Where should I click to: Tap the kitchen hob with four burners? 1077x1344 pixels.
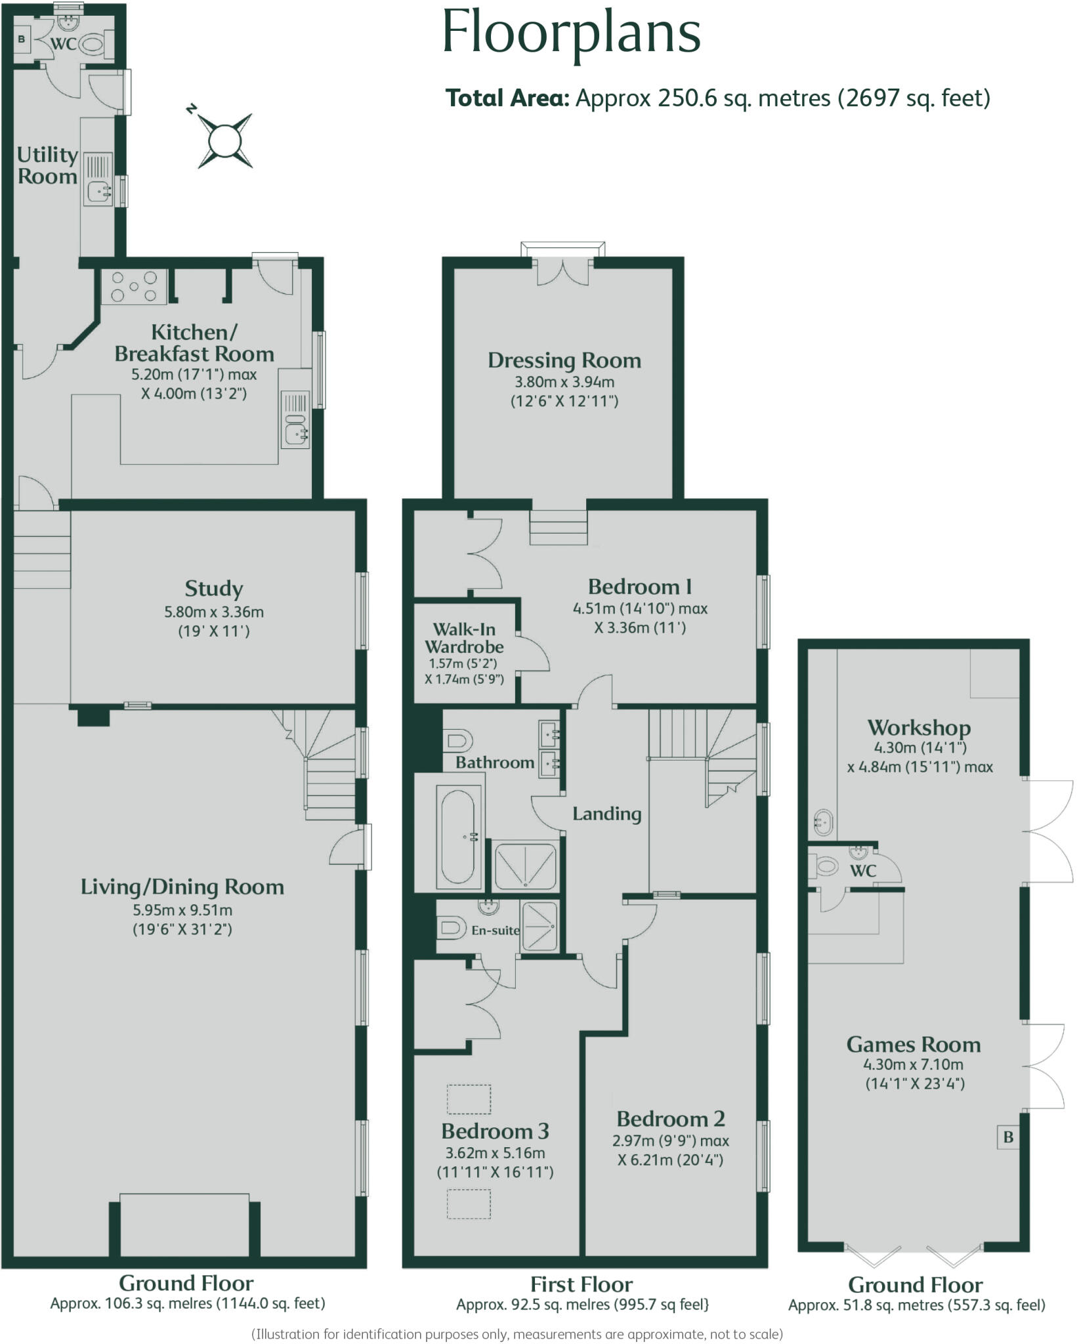pos(134,287)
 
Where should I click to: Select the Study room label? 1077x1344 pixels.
pos(213,588)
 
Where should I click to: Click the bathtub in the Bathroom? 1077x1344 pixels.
pos(457,835)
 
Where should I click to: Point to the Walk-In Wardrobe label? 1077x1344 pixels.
pos(464,638)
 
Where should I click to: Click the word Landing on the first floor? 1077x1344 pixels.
pos(606,814)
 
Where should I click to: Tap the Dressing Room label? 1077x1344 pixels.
pos(564,360)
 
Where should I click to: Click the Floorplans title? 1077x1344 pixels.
pos(572,33)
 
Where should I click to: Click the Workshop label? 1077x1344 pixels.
pos(919,727)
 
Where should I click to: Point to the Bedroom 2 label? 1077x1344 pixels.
pos(671,1118)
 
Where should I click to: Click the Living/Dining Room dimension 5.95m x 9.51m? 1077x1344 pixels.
pos(182,910)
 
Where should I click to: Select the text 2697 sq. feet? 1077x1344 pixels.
pos(913,98)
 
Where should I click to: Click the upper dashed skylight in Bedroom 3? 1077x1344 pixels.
pos(469,1099)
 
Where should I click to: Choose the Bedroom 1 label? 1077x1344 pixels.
pos(640,586)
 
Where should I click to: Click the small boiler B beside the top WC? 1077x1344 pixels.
pos(22,39)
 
